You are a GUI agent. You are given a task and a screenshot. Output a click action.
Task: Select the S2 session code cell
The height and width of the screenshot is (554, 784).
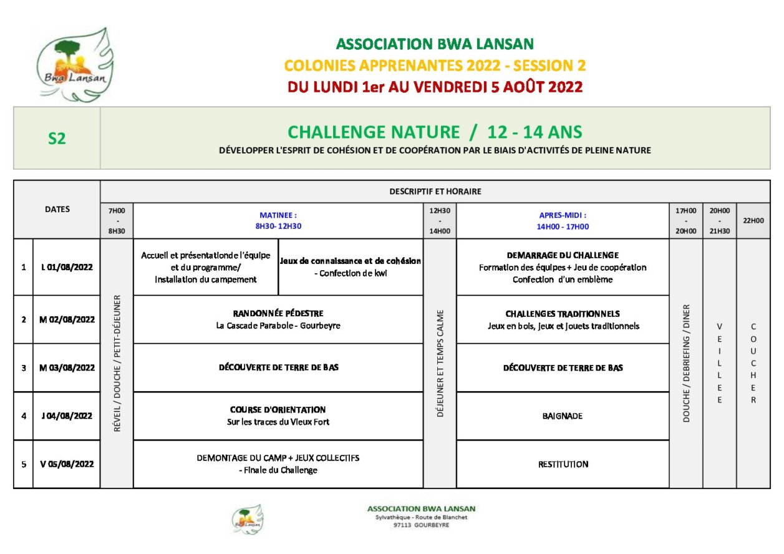(x=57, y=138)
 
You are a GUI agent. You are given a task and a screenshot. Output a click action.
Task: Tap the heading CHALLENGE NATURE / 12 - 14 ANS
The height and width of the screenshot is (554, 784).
(x=435, y=132)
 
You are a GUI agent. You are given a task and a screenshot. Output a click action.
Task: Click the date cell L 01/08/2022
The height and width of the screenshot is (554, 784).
(x=67, y=267)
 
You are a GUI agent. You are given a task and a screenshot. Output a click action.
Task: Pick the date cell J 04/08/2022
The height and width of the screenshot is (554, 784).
(x=67, y=415)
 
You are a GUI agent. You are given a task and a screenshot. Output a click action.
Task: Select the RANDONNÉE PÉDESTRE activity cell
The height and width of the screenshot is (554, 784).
(x=278, y=319)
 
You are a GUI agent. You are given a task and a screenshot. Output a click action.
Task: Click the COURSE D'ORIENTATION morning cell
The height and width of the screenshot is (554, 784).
(x=278, y=415)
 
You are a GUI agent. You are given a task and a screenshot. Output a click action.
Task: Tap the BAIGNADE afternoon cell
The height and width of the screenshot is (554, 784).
(x=563, y=415)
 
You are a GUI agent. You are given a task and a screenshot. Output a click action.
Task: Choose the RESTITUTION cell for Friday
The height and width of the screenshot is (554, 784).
(x=563, y=464)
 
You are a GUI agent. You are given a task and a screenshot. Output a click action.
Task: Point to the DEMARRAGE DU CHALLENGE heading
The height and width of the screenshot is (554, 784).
(x=563, y=255)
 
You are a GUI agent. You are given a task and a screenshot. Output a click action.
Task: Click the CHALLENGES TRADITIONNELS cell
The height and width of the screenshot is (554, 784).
(x=563, y=319)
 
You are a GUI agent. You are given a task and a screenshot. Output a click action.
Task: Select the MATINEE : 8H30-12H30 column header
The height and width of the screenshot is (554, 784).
(x=278, y=221)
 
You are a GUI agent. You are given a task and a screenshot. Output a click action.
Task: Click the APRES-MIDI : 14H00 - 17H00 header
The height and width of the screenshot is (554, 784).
(x=563, y=221)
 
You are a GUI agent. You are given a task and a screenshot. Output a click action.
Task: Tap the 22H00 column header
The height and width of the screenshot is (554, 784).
(x=753, y=221)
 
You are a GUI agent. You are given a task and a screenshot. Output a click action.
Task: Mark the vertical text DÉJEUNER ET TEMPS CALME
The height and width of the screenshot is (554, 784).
(x=440, y=364)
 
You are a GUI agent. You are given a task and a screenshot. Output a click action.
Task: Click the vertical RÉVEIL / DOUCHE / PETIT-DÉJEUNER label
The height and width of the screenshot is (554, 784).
(x=117, y=364)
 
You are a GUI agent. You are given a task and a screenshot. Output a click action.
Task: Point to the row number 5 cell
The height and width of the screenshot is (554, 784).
(x=24, y=464)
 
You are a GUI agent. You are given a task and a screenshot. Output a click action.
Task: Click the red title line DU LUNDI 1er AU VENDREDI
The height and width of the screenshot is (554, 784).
(x=435, y=87)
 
